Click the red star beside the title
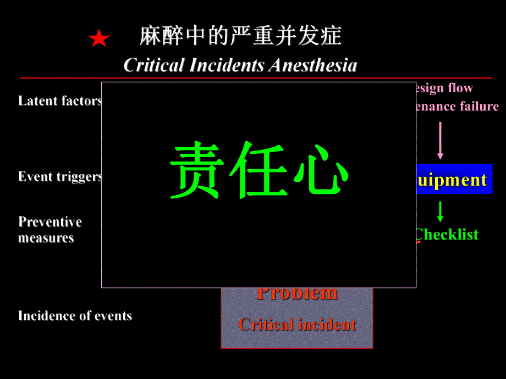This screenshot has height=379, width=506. tap(99, 39)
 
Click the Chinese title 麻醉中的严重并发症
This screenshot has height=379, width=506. tap(240, 36)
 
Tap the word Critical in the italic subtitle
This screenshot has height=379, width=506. tap(153, 65)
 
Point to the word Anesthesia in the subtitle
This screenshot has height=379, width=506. tap(313, 65)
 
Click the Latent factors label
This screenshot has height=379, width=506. tap(60, 101)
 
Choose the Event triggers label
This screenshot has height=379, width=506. tap(60, 177)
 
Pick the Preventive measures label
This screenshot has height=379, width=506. tap(50, 230)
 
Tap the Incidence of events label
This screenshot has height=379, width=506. tap(75, 316)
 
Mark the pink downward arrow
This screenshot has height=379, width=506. tap(440, 141)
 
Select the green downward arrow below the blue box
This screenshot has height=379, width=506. tap(441, 211)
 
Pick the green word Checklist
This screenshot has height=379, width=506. tap(447, 235)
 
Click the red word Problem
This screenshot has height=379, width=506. tap(297, 293)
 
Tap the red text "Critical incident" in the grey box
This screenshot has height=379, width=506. tap(297, 325)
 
